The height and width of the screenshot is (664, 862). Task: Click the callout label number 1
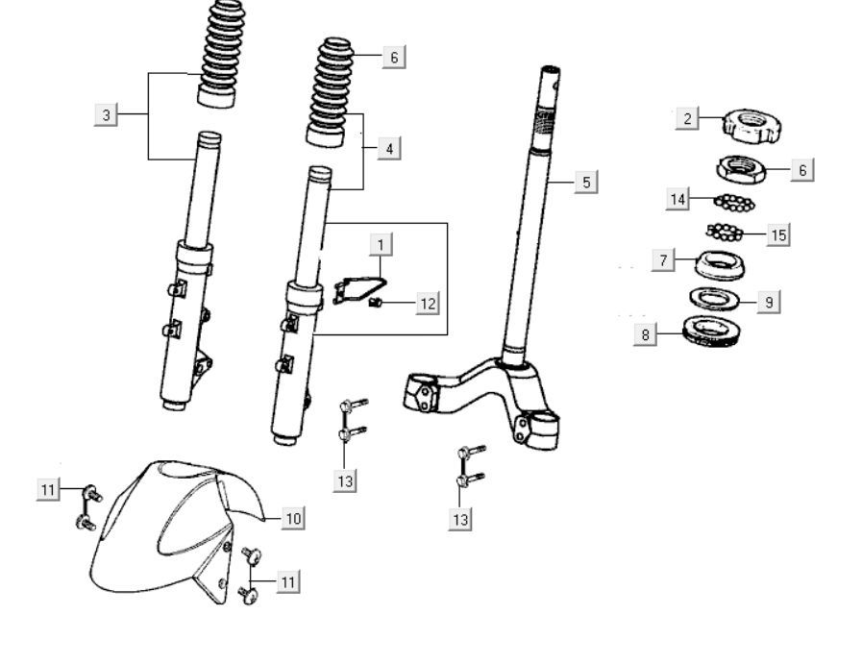point(382,244)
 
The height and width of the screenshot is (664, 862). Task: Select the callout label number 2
point(687,118)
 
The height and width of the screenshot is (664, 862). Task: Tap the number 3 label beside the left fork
point(107,115)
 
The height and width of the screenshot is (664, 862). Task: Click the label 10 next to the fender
point(293,518)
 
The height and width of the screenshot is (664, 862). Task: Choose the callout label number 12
point(428,304)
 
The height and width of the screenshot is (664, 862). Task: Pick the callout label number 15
point(778,234)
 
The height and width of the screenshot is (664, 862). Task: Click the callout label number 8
point(646,335)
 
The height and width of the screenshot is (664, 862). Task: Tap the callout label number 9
point(768,302)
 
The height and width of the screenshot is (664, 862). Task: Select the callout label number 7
point(663,260)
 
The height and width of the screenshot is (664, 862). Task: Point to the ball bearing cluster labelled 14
point(735,201)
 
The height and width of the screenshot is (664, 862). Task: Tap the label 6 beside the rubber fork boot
point(392,57)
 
